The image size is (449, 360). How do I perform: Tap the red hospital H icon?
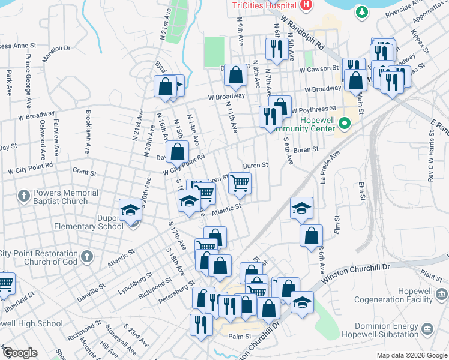pos(306,5)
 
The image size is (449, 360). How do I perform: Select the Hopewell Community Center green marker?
pos(344,124)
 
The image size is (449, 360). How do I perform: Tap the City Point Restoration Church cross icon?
pos(87,257)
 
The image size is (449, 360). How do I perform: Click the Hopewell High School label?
pos(31,323)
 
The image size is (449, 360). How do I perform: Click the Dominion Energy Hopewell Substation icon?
pos(427,329)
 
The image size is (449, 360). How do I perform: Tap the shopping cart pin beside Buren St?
pos(240,182)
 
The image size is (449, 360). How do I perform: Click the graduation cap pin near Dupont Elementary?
pos(129,210)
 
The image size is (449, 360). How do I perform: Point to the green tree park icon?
pos(362,11)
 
